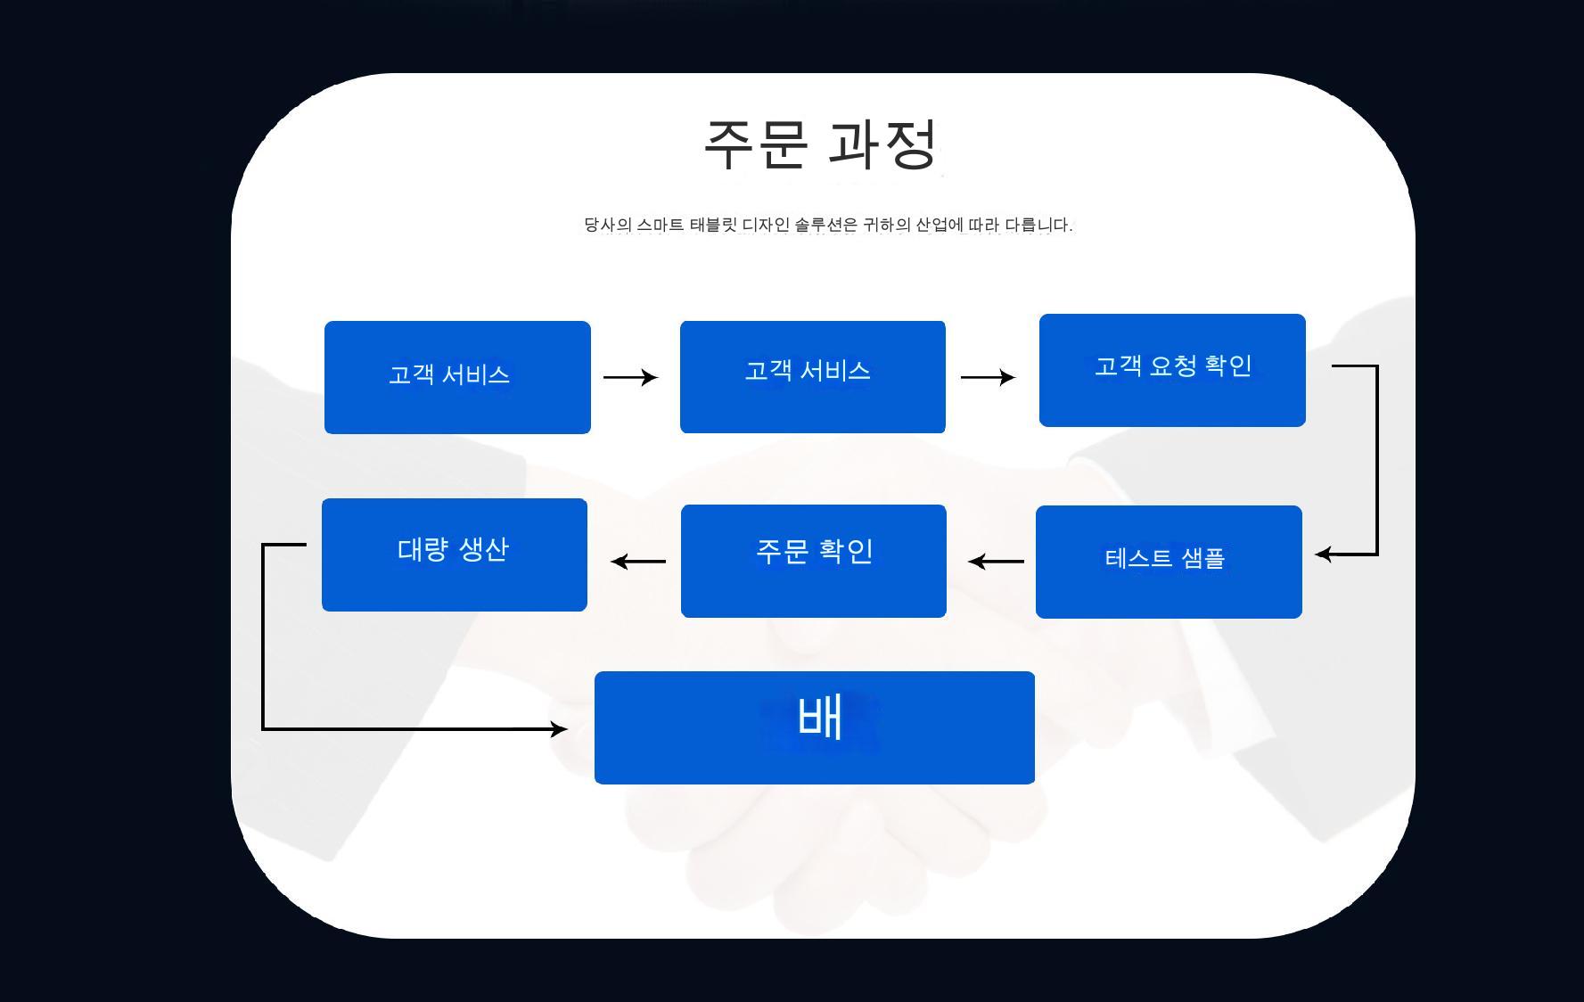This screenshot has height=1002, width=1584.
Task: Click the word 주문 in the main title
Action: click(756, 144)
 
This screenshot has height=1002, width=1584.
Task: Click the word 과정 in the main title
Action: click(882, 144)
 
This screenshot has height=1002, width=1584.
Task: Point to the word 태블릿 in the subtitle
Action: click(713, 225)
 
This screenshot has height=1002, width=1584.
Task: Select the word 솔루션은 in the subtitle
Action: click(825, 225)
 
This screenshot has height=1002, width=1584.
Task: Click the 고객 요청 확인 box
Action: click(1172, 370)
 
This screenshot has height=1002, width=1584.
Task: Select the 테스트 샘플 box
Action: click(1169, 562)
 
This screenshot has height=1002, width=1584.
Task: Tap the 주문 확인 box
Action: click(813, 561)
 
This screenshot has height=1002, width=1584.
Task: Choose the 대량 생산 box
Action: click(454, 554)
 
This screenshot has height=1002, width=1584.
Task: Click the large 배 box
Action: click(814, 727)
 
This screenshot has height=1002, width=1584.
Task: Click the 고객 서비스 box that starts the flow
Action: click(457, 377)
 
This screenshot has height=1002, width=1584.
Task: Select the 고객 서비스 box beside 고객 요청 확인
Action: click(812, 377)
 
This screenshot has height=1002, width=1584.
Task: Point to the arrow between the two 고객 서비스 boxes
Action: click(630, 377)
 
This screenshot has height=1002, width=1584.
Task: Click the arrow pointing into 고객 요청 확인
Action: click(988, 377)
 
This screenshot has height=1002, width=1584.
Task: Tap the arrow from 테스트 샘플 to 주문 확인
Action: click(996, 562)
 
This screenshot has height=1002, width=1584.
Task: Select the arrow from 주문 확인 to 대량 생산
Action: click(638, 562)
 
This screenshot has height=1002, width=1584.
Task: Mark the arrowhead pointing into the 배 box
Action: click(559, 729)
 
